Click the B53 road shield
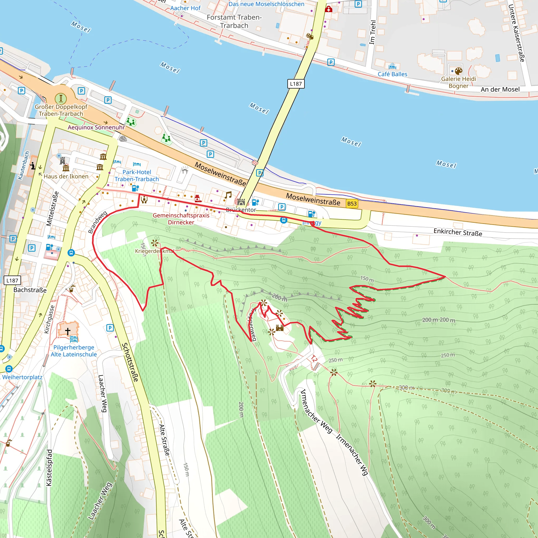click(352, 204)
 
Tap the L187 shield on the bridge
click(296, 84)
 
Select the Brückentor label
click(241, 210)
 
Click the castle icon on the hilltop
click(280, 328)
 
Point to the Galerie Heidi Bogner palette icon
click(458, 71)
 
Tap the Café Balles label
click(392, 74)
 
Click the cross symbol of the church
click(68, 331)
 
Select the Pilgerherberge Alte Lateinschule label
click(74, 351)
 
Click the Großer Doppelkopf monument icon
click(61, 98)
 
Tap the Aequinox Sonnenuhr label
click(96, 127)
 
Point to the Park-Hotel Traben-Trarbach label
click(137, 175)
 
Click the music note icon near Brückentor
click(228, 195)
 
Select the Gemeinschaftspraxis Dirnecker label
click(181, 219)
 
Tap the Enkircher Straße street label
click(458, 232)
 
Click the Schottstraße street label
click(130, 362)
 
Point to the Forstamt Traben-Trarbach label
click(234, 22)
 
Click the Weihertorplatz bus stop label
click(22, 377)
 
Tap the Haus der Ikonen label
click(66, 176)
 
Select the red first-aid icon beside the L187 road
click(329, 9)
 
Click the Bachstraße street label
click(30, 290)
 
